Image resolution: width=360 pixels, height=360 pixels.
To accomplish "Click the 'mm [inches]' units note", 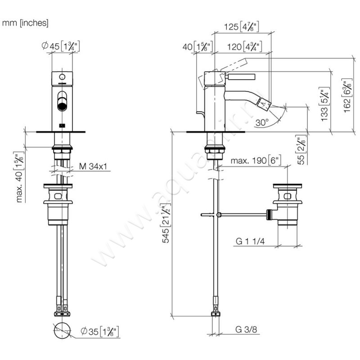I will point(26,22).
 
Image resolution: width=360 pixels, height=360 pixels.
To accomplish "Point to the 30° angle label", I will point(261,122).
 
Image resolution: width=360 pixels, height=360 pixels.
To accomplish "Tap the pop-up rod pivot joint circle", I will point(218,215).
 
